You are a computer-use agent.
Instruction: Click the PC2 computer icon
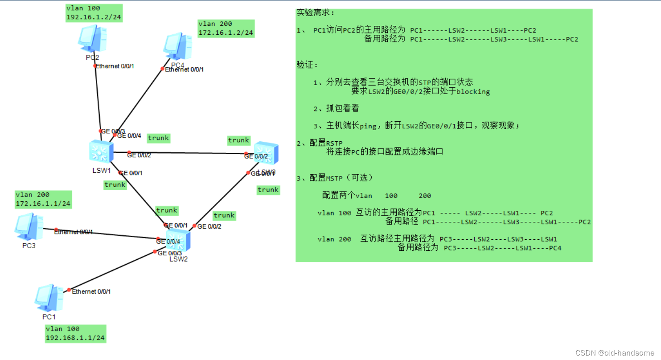(x=92, y=39)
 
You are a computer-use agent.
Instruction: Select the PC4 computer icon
(x=177, y=46)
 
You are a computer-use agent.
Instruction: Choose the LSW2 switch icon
(x=178, y=241)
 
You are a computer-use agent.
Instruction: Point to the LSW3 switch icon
(x=267, y=154)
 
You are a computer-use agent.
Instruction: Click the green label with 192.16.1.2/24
(x=94, y=13)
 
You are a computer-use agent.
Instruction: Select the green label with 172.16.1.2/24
(x=226, y=29)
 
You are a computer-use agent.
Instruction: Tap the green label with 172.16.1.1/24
(x=43, y=199)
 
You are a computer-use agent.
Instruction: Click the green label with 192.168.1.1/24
(x=75, y=334)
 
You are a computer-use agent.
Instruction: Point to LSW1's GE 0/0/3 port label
(x=113, y=131)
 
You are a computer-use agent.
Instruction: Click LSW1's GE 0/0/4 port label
(x=129, y=136)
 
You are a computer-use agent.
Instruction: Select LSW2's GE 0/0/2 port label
(x=209, y=226)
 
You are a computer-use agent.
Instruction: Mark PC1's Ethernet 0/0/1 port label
(x=91, y=291)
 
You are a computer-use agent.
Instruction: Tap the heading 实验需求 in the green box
(x=315, y=13)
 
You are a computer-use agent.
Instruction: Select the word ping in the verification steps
(x=368, y=126)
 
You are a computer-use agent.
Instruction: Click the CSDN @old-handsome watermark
(x=615, y=352)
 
